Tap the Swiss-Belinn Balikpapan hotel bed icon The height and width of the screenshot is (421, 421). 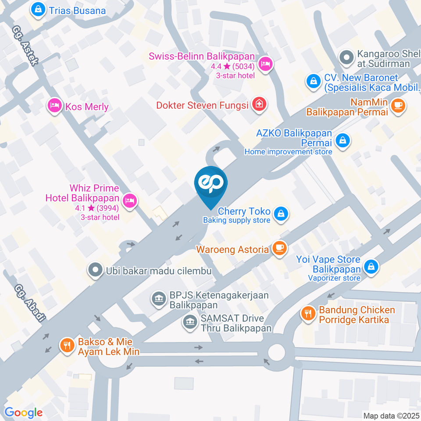pyautogui.click(x=265, y=65)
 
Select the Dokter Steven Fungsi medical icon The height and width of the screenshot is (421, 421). pyautogui.click(x=260, y=104)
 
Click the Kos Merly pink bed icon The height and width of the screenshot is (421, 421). pyautogui.click(x=54, y=106)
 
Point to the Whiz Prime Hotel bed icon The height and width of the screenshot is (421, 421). pyautogui.click(x=129, y=201)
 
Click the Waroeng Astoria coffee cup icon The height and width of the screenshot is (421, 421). pyautogui.click(x=279, y=249)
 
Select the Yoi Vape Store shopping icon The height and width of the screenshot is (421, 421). pyautogui.click(x=371, y=266)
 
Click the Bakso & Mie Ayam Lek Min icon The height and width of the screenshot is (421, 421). pyautogui.click(x=67, y=345)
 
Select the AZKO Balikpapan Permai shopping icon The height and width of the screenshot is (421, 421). pyautogui.click(x=341, y=140)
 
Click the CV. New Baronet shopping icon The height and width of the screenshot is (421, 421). pyautogui.click(x=314, y=81)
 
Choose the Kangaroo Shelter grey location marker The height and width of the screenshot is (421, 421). pyautogui.click(x=346, y=57)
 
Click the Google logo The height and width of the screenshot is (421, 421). pyautogui.click(x=23, y=412)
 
